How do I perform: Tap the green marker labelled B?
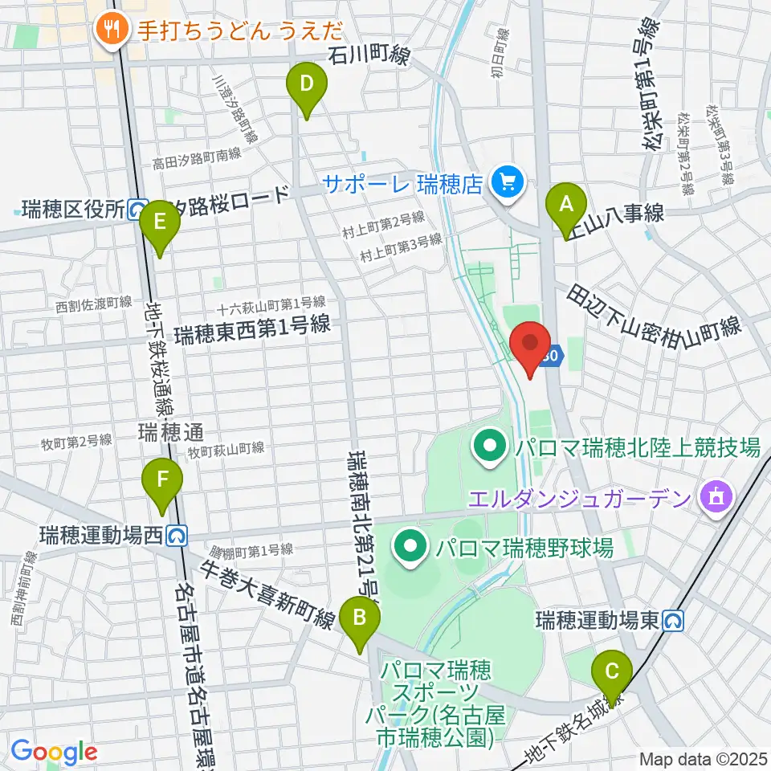point(360,620)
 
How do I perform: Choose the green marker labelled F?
point(162,483)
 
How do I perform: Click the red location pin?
point(530,345)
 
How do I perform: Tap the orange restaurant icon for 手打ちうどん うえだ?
point(108,31)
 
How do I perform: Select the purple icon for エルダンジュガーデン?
point(712,499)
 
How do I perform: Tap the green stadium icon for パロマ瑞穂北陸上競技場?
point(489,446)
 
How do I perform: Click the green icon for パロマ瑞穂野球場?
point(410,549)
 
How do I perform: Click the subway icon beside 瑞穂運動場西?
point(178,533)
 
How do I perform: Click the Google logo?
point(53,753)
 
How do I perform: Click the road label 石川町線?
point(370,56)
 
